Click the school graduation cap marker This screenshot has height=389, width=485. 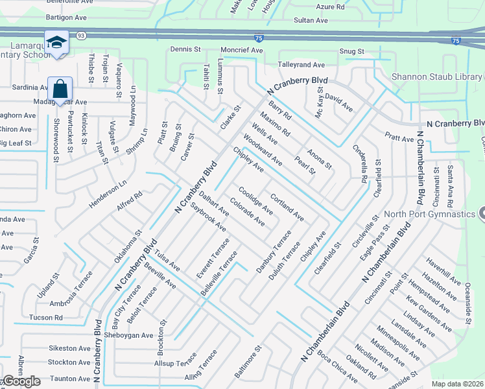56,43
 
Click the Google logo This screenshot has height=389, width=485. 21,381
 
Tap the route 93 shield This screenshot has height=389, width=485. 80,36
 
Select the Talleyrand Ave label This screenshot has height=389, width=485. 301,65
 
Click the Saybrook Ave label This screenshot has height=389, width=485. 208,218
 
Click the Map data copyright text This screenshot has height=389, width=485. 458,384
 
